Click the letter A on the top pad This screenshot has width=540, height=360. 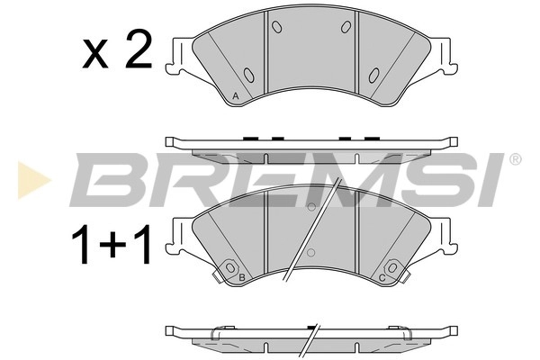235,94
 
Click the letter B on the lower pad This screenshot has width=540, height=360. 241,278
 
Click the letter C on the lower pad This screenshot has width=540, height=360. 382,278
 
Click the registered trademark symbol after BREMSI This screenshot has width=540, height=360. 515,160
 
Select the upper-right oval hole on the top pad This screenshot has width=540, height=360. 346,27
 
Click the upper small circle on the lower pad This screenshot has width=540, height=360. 311,207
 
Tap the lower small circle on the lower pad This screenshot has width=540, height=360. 311,252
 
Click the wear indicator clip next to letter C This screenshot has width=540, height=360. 392,267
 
